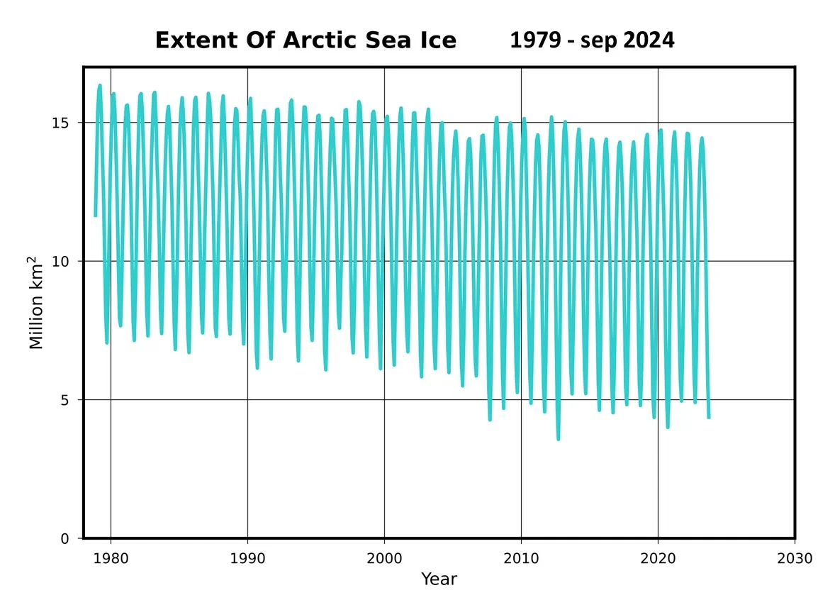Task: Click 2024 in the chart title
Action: (x=649, y=40)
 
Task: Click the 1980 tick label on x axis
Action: (x=111, y=557)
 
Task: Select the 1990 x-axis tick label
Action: (x=247, y=557)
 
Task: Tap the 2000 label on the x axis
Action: (x=384, y=557)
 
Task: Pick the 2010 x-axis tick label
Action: (x=521, y=557)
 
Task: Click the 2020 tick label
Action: (x=658, y=557)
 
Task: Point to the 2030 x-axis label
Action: (x=795, y=557)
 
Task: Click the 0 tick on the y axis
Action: (x=65, y=539)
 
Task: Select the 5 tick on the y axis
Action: (x=65, y=400)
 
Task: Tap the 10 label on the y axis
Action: (x=62, y=262)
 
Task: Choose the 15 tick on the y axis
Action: (x=62, y=123)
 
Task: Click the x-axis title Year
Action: (x=439, y=579)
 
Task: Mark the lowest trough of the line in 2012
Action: (x=558, y=439)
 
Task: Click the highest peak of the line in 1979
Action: (x=100, y=86)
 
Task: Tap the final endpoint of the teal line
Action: (x=709, y=417)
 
